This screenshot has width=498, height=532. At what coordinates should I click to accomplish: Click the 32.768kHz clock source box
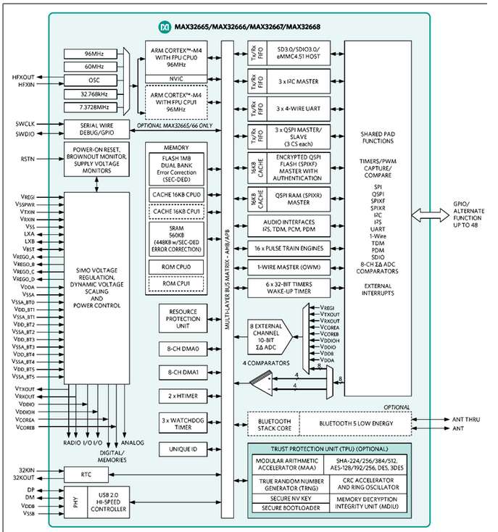coord(94,93)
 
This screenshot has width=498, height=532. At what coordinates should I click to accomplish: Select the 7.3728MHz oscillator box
coord(94,107)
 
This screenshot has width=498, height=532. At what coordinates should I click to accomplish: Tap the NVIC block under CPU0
coord(175,79)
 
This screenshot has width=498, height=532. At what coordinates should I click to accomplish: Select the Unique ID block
coord(179,450)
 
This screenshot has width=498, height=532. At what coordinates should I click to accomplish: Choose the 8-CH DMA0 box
coord(179,349)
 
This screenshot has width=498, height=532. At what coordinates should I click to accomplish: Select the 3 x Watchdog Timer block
coord(179,422)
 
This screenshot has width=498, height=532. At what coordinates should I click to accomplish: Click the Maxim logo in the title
coord(164,27)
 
